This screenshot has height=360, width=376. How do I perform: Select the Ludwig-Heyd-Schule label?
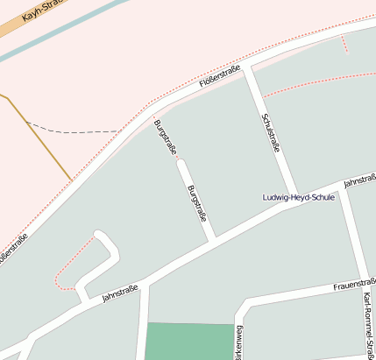299,197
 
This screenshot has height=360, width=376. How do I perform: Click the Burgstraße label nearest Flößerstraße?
164,138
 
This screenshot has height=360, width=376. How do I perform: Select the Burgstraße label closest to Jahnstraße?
197,202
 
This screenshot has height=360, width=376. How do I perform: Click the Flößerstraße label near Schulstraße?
220,78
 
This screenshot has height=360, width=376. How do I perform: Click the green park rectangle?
185,341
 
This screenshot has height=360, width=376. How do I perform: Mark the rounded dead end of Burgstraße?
181,163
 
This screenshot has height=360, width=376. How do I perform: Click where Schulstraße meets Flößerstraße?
249,67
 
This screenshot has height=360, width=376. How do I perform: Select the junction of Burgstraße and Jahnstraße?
212,240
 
